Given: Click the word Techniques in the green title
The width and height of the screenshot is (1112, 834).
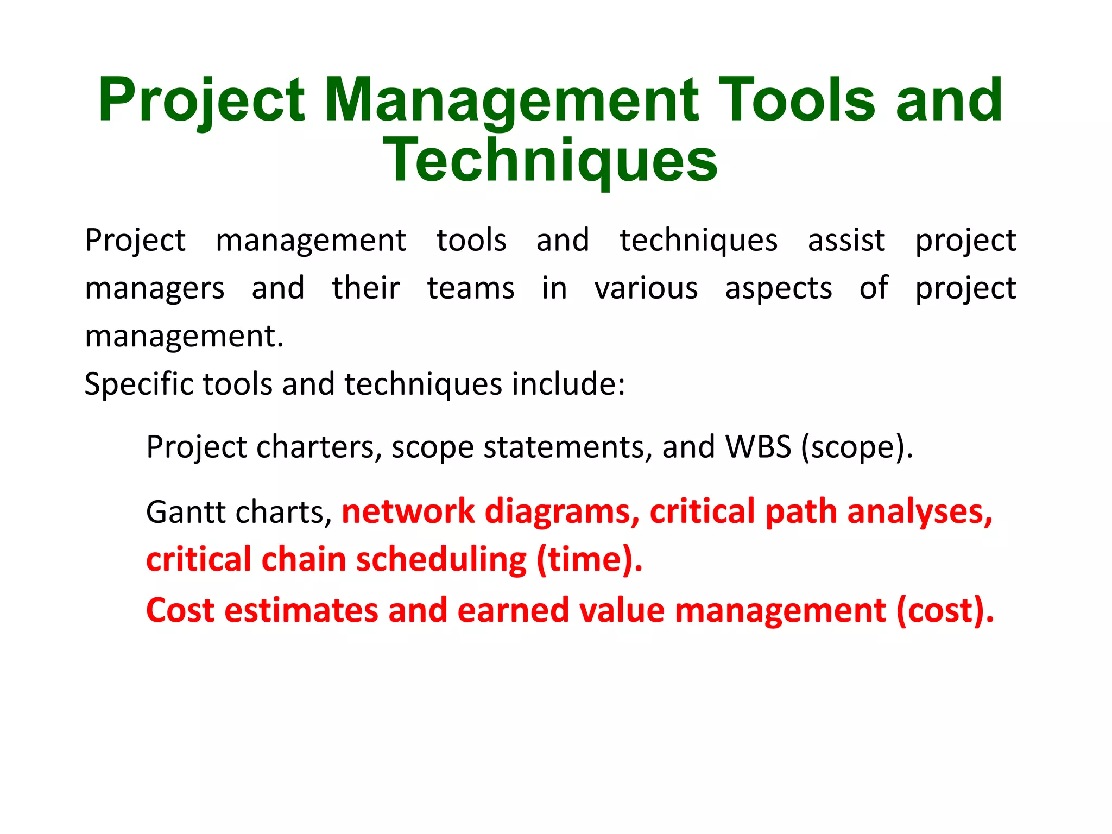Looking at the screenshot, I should [550, 160].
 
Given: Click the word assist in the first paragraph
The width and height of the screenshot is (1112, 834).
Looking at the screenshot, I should [846, 241].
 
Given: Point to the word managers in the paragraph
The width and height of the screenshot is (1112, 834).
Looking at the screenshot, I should [155, 289].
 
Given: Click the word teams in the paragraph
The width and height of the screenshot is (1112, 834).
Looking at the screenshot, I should [470, 288].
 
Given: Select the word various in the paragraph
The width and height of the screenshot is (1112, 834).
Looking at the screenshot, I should [646, 288].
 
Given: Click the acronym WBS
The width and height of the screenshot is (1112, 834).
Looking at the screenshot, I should [758, 447].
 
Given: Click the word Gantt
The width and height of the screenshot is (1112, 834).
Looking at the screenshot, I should [182, 512].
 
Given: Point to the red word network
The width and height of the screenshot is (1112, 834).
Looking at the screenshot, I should [408, 511].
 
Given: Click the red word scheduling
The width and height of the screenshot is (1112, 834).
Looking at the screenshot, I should [441, 560].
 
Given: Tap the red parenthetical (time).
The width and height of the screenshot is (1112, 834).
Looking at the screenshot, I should [589, 560].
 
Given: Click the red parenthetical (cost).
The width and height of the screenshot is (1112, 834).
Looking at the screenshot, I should [945, 610].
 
